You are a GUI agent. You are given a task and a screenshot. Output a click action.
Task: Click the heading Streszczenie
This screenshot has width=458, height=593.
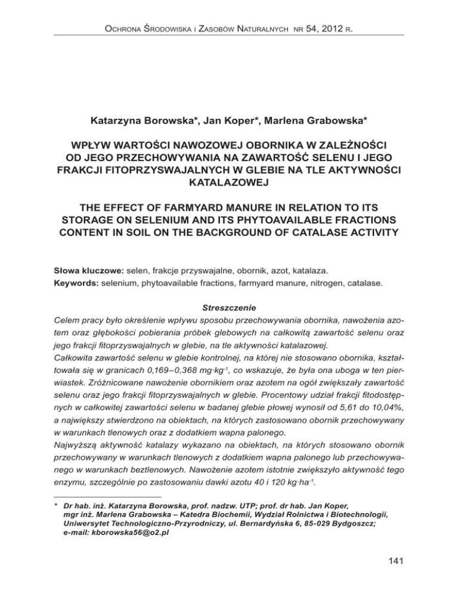[x=228, y=309]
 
